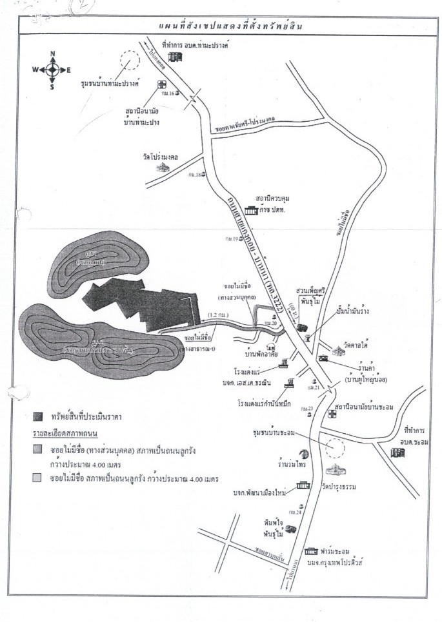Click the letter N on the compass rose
53,53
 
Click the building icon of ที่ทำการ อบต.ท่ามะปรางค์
176,57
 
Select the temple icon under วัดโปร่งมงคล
161,166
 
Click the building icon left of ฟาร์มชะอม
312,551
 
